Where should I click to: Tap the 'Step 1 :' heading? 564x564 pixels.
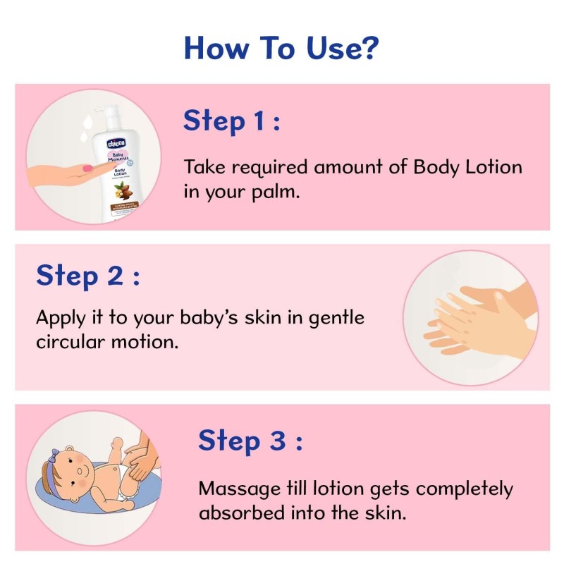[232, 121]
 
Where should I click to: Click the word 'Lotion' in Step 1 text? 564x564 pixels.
[490, 168]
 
